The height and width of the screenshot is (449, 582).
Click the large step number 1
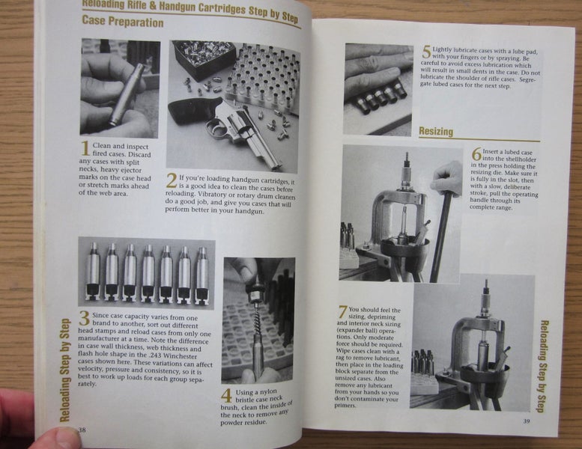pos(85,147)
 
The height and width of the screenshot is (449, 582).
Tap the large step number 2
pos(172,180)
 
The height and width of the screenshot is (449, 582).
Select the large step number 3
pos(84,317)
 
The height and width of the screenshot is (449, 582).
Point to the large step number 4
pos(226,395)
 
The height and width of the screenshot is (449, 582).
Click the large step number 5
pos(426,52)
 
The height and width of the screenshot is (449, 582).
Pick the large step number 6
pos(476,154)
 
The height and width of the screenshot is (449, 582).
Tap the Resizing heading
pos(436,132)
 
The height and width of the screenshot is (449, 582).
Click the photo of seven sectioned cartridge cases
pos(147,273)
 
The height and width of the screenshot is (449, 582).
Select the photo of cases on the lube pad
pos(378,88)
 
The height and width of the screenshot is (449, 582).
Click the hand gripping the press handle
pos(449,178)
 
